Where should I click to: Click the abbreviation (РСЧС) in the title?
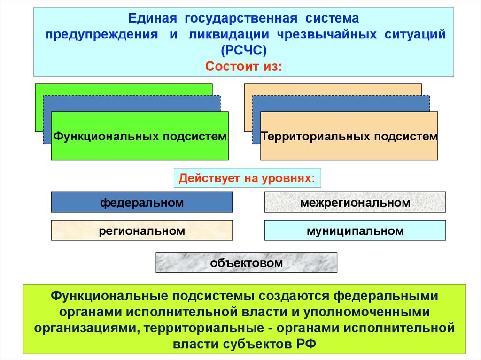[x=244, y=50]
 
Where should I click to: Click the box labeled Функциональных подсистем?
[x=140, y=136]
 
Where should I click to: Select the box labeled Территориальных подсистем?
[x=349, y=136]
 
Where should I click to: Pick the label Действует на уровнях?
[x=247, y=179]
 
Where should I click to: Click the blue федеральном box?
[x=141, y=202]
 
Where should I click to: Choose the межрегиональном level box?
[x=355, y=202]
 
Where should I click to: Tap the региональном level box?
[x=141, y=230]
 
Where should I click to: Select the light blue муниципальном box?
[x=355, y=230]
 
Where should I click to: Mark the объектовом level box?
[x=246, y=263]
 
